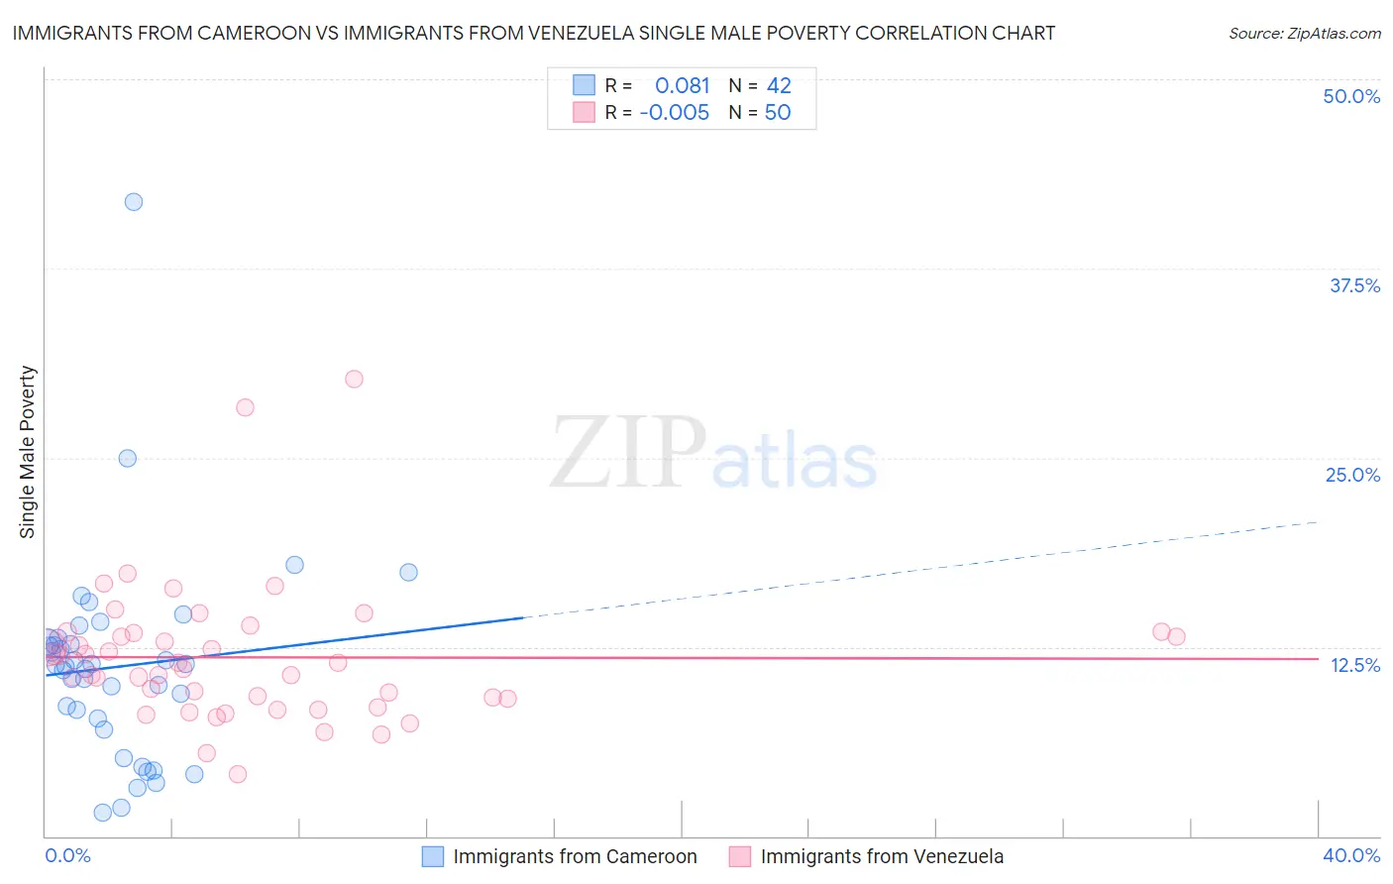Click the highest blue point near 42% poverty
(x=134, y=202)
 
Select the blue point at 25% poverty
(x=128, y=458)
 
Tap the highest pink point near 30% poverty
(x=354, y=379)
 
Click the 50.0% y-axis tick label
(x=1351, y=97)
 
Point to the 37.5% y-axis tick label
(x=1354, y=285)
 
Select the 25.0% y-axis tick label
(x=1352, y=475)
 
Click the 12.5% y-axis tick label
(x=1354, y=665)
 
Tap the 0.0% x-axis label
(x=68, y=855)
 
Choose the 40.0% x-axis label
(x=1351, y=855)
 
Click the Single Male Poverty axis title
(x=28, y=452)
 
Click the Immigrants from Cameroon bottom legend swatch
(x=433, y=856)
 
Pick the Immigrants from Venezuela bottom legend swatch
(x=740, y=856)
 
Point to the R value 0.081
(x=682, y=86)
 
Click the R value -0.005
(x=675, y=113)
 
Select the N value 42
(x=779, y=86)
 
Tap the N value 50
(x=778, y=113)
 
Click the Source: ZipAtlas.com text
(x=1304, y=34)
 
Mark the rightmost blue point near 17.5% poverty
(x=408, y=572)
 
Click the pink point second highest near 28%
(x=245, y=407)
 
